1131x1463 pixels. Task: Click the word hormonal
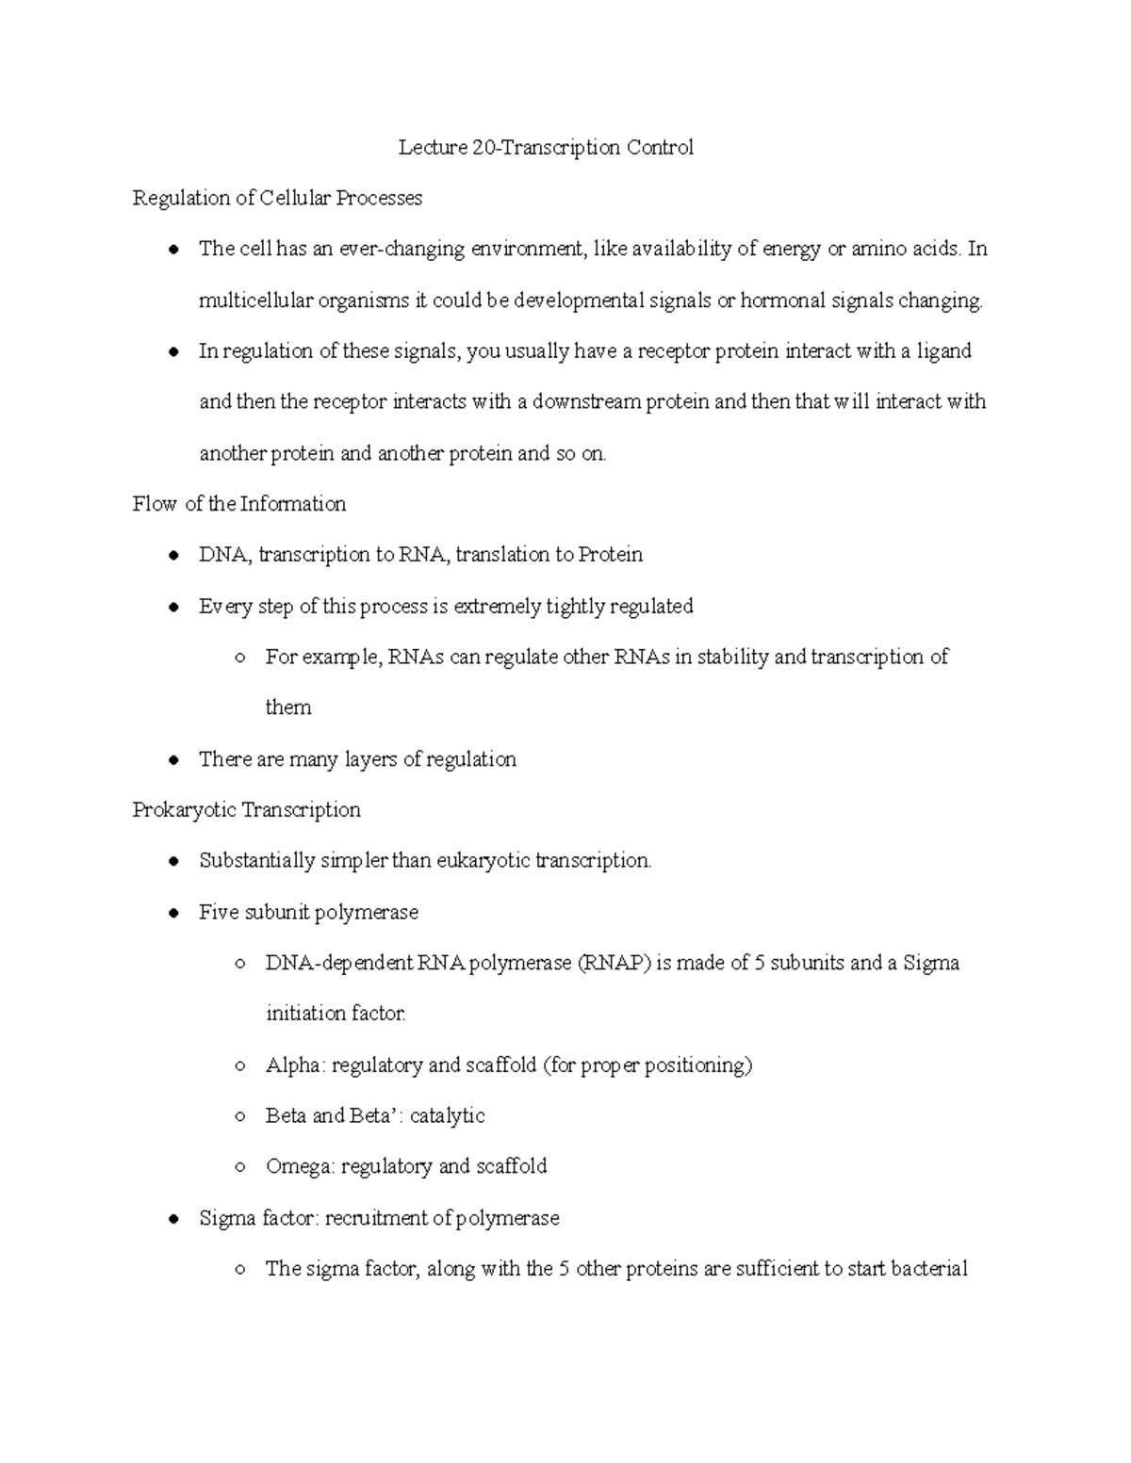[779, 301]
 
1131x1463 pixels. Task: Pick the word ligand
[943, 351]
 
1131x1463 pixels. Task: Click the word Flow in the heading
[155, 504]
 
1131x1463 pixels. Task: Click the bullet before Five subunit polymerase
[172, 913]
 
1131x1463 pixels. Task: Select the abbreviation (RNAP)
[614, 963]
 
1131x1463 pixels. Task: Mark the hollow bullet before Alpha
[240, 1065]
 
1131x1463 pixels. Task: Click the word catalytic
[447, 1116]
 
